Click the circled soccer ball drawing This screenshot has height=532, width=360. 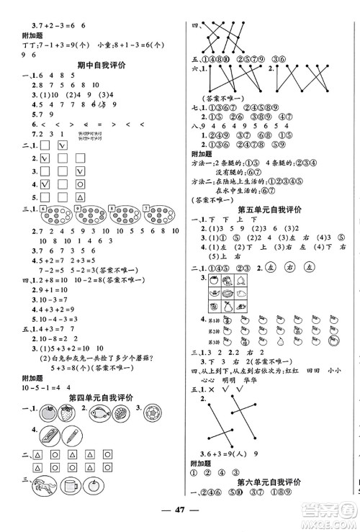pyautogui.click(x=154, y=416)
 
